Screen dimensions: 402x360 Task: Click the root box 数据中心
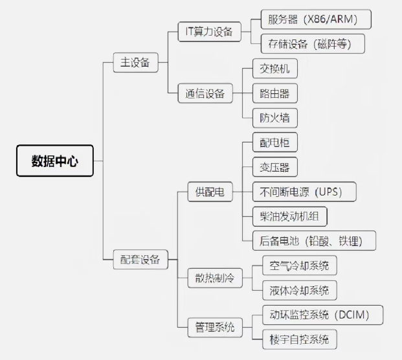pos(55,161)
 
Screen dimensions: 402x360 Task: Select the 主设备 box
pos(136,62)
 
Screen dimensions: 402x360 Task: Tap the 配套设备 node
pos(140,259)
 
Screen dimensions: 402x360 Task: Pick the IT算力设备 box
pos(210,32)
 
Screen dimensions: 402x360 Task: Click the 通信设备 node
pos(205,93)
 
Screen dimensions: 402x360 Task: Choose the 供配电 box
pos(210,192)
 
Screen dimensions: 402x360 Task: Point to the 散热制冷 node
pos(215,278)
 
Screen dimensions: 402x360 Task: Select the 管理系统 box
pos(215,328)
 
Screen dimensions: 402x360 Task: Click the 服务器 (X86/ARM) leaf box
pos(316,19)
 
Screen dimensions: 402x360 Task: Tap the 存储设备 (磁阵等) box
pos(313,44)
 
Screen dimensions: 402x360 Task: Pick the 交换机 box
pos(275,69)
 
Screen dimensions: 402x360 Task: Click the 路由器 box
pos(275,93)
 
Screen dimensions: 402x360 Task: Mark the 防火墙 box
pos(275,118)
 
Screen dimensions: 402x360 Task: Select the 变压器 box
pos(275,167)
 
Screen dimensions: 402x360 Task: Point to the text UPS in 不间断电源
pos(328,192)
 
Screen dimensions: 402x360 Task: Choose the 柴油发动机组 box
pos(290,216)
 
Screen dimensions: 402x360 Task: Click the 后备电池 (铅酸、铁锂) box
pos(314,241)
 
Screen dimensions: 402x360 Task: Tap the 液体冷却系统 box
pos(300,290)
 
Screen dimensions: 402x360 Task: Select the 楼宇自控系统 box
pos(300,339)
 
